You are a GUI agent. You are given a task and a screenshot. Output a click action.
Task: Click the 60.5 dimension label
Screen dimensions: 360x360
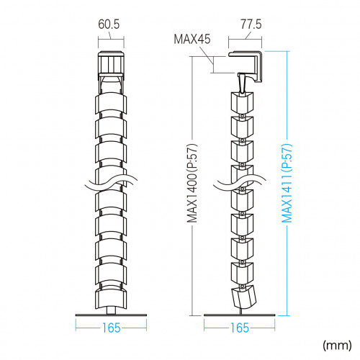pyautogui.click(x=109, y=24)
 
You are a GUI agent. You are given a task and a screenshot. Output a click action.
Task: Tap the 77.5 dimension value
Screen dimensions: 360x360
pyautogui.click(x=251, y=24)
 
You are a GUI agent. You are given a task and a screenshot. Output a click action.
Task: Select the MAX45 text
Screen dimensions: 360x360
pyautogui.click(x=192, y=39)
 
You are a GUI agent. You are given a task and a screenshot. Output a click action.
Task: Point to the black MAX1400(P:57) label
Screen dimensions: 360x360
pyautogui.click(x=192, y=184)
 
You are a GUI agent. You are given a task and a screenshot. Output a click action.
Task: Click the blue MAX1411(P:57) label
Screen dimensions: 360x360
pyautogui.click(x=287, y=184)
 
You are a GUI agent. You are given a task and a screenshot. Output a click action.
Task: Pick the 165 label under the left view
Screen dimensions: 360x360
pyautogui.click(x=111, y=328)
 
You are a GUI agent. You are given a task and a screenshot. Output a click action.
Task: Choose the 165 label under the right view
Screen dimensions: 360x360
pyautogui.click(x=240, y=328)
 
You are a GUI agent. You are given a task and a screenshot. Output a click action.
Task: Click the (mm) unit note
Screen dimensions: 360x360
pyautogui.click(x=337, y=346)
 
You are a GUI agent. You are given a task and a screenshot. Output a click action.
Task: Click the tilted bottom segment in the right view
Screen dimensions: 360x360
pyautogui.click(x=243, y=297)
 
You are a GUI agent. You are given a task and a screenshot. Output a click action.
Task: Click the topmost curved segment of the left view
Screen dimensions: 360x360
pyautogui.click(x=111, y=103)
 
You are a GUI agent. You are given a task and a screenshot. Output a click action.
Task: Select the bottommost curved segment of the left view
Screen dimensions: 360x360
pyautogui.click(x=111, y=299)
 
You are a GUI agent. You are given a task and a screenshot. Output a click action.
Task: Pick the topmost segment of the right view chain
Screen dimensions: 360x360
pyautogui.click(x=242, y=102)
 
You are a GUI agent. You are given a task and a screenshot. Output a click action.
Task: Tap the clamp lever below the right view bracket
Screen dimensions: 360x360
pyautogui.click(x=242, y=83)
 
